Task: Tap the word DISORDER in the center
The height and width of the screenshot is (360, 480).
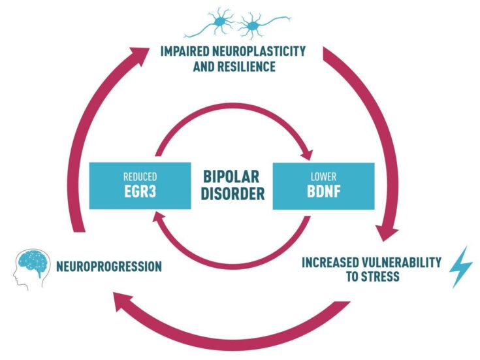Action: [x=231, y=194]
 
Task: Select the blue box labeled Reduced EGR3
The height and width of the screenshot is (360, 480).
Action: [x=140, y=186]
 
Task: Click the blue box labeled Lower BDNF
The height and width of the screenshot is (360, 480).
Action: [x=323, y=186]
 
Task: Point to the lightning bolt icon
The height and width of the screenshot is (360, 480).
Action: [x=462, y=267]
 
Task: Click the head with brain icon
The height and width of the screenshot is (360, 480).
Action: [x=30, y=267]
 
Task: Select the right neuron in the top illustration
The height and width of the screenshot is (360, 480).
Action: [x=251, y=27]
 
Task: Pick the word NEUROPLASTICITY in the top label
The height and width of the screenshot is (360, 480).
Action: [x=259, y=51]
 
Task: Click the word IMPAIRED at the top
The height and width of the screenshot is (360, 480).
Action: [x=184, y=51]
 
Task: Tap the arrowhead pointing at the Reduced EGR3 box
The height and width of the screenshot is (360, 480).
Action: [x=158, y=220]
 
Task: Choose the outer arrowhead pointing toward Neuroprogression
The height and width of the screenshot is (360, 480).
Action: [x=121, y=300]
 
